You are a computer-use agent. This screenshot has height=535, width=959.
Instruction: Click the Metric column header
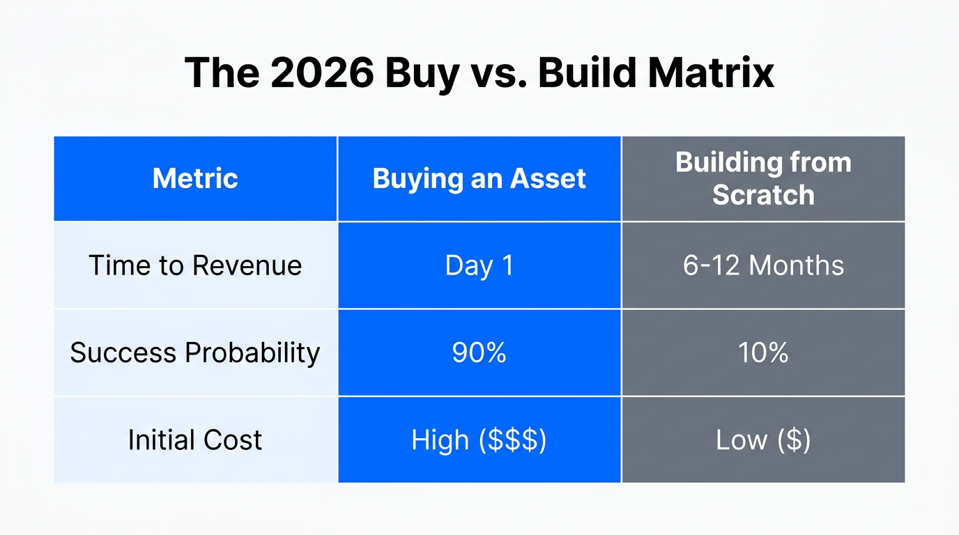195,179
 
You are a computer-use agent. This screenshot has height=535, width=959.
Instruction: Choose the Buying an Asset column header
479,179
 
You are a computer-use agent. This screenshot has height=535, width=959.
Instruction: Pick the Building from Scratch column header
763,179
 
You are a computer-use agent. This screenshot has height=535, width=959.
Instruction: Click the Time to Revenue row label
195,265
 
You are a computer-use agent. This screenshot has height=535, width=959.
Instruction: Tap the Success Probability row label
195,352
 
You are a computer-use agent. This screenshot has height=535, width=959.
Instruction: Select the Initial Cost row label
195,440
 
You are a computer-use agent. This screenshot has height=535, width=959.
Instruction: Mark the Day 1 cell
479,265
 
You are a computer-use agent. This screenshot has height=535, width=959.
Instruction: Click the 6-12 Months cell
763,265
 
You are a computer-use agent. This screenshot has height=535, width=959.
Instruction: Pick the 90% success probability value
479,352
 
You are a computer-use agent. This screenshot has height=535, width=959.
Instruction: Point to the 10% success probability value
763,352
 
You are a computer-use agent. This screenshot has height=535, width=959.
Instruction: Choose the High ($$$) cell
479,440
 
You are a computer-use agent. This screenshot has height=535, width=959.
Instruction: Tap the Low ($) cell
763,440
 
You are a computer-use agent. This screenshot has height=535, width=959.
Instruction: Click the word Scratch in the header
763,195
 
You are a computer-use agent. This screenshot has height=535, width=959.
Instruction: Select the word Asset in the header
548,179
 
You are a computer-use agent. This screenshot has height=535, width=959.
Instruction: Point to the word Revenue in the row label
247,265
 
